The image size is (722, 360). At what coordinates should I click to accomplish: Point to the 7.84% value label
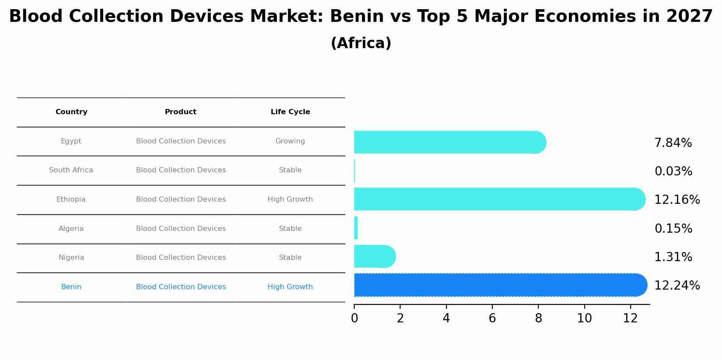tap(673, 143)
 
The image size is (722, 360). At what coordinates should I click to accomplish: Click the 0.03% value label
tap(673, 171)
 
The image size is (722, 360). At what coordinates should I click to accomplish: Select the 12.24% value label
tap(677, 286)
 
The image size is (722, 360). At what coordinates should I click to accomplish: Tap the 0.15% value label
tap(673, 229)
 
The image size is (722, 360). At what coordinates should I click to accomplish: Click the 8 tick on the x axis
tap(538, 318)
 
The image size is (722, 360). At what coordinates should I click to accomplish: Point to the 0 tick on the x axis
tap(354, 318)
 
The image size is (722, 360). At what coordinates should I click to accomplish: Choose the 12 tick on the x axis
tap(630, 318)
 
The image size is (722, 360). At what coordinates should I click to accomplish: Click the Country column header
tap(71, 112)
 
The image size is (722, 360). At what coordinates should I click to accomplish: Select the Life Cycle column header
tap(290, 112)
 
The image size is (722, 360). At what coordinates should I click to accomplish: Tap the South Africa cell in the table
tap(71, 170)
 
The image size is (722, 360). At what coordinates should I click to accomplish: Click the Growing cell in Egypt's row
tap(290, 141)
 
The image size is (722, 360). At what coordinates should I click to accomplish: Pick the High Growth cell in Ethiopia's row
tap(290, 199)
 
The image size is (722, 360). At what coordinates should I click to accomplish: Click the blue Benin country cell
tap(71, 287)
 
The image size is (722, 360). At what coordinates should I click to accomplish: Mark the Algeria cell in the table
tap(71, 229)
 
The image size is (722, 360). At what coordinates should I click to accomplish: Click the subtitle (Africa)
tap(361, 43)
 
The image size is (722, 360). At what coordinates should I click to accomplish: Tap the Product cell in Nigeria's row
tap(181, 258)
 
